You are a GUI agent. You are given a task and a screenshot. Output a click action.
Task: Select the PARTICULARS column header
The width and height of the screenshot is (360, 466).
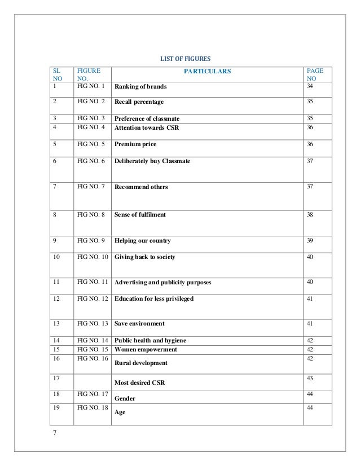pyautogui.click(x=207, y=71)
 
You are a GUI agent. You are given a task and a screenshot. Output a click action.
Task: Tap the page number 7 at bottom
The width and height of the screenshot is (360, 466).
pyautogui.click(x=54, y=433)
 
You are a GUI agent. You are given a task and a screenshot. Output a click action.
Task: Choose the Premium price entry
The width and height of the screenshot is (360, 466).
pyautogui.click(x=135, y=144)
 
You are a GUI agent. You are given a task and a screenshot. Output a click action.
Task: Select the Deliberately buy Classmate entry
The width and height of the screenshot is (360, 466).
pyautogui.click(x=152, y=161)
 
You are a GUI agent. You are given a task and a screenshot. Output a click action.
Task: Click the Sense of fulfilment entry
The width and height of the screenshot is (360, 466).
pyautogui.click(x=140, y=215)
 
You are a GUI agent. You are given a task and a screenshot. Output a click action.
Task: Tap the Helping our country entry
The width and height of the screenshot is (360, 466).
pyautogui.click(x=143, y=241)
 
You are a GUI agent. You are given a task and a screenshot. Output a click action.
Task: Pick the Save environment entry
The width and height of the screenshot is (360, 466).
pyautogui.click(x=139, y=323)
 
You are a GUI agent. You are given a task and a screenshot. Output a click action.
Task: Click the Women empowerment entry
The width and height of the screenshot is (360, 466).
pyautogui.click(x=146, y=349)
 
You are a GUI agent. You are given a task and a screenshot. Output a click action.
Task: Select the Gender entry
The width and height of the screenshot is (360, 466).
pyautogui.click(x=125, y=398)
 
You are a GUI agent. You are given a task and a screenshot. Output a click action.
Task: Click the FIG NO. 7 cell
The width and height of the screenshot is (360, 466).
pyautogui.click(x=91, y=187)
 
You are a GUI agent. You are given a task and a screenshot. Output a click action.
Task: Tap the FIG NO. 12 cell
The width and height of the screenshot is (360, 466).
pyautogui.click(x=93, y=298)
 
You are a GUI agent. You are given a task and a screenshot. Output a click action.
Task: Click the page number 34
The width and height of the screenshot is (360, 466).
pyautogui.click(x=309, y=86)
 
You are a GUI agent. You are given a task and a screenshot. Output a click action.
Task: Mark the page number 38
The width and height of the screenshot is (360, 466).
pyautogui.click(x=309, y=215)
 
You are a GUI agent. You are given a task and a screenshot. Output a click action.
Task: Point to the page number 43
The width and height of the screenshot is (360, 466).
pyautogui.click(x=309, y=376)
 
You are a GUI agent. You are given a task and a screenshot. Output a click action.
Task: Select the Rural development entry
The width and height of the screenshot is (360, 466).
pyautogui.click(x=141, y=363)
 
